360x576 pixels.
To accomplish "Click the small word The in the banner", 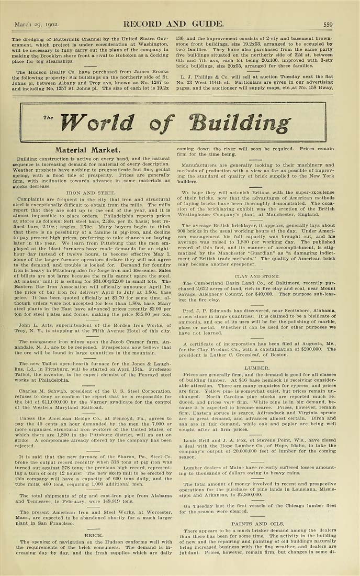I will [x=49, y=117].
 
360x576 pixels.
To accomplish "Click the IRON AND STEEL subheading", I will [x=92, y=193].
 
